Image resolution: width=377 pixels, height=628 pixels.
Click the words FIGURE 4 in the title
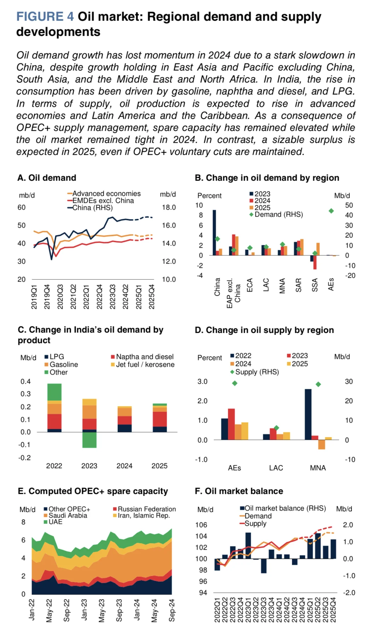[45, 17]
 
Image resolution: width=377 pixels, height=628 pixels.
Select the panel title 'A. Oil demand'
[47, 178]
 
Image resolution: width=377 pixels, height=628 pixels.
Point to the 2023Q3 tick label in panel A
[112, 297]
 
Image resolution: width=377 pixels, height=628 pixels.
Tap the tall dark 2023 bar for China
[214, 232]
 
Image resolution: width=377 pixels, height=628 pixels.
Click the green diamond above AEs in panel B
[331, 211]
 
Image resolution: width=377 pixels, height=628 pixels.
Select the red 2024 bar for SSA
[315, 262]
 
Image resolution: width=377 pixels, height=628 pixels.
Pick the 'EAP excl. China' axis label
[233, 293]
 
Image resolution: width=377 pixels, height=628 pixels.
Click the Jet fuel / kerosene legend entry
[143, 365]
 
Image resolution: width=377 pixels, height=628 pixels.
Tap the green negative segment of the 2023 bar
[89, 440]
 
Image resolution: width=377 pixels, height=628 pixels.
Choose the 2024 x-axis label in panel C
[124, 466]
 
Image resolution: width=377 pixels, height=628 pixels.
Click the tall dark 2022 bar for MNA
[308, 414]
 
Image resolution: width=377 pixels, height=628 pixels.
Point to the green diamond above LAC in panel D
[277, 428]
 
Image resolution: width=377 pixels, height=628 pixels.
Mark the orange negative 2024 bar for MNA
[321, 444]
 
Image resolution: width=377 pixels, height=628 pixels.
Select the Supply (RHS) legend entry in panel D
[254, 372]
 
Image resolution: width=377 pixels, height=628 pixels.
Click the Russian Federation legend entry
[144, 509]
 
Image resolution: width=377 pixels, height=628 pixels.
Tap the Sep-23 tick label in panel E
[119, 610]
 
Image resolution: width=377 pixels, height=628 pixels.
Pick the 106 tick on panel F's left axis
[201, 525]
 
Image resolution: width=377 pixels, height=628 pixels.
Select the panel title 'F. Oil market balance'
[239, 491]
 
